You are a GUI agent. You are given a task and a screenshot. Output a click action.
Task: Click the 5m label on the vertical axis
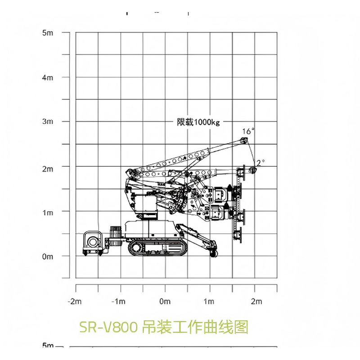[x=47, y=33]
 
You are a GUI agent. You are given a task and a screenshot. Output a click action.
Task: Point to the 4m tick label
[x=47, y=77]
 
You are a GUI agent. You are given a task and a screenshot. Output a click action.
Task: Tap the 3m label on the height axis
[x=47, y=121]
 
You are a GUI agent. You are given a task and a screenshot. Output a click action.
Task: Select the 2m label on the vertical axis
[x=47, y=169]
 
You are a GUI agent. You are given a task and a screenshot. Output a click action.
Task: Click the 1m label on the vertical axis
[x=47, y=212]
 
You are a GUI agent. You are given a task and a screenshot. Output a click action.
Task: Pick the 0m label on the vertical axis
[x=47, y=256]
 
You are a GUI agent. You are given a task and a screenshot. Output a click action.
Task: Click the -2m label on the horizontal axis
[x=75, y=301]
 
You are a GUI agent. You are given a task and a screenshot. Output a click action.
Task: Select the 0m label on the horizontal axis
[x=165, y=301]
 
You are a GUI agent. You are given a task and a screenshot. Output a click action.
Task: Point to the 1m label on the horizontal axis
[x=209, y=301]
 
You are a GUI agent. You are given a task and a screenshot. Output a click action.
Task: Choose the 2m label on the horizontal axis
[x=256, y=301]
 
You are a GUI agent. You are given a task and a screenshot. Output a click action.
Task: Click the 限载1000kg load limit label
[x=198, y=122]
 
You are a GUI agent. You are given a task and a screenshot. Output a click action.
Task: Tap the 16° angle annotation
[x=248, y=131]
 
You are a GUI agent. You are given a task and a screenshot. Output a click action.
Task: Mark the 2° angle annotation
[x=260, y=162]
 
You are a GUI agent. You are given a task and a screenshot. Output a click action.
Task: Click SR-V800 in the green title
[x=108, y=327]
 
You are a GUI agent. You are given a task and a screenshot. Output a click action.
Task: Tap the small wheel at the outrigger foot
[x=213, y=254]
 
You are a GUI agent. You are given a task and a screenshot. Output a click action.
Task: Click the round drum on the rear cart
[x=94, y=242]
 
